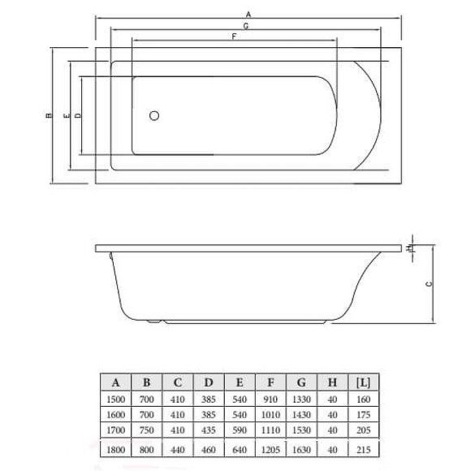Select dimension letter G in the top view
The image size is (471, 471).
tap(245, 27)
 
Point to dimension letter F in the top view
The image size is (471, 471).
tap(234, 37)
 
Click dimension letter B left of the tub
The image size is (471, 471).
tap(49, 116)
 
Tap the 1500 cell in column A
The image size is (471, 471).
tap(116, 400)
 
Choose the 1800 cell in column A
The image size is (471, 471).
tap(116, 448)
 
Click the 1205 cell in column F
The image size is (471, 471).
tap(270, 448)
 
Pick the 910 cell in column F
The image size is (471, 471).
tap(270, 400)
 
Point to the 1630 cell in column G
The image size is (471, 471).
tap(301, 448)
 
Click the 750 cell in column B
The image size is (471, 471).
tap(147, 430)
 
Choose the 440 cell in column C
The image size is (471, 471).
tap(178, 448)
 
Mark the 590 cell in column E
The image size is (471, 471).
tap(240, 430)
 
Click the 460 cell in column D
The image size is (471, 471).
tap(209, 448)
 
